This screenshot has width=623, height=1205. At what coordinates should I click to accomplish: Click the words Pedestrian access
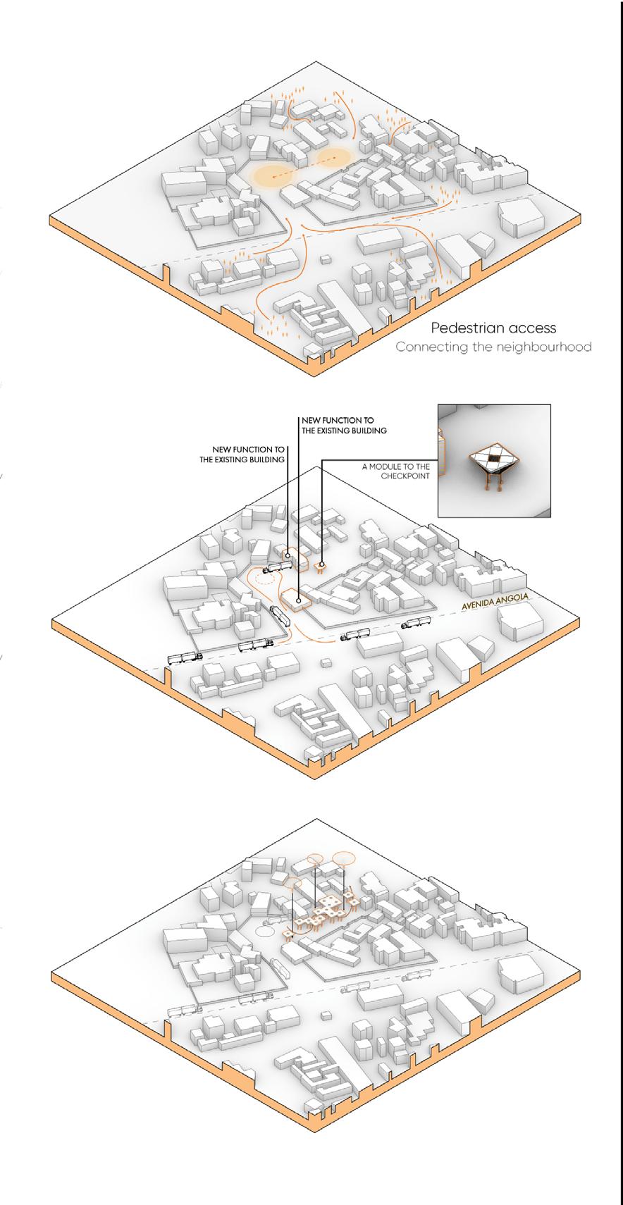tap(493, 328)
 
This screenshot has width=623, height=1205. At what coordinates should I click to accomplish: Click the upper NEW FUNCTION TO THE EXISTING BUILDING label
tap(344, 425)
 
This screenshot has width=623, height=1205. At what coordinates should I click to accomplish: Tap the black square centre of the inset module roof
tap(495, 460)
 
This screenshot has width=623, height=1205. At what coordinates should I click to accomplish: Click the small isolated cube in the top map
tap(325, 259)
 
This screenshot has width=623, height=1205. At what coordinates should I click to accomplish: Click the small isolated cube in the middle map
tap(325, 663)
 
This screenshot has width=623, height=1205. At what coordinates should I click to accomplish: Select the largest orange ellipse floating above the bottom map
tap(343, 857)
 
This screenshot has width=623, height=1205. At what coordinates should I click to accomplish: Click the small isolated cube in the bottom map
tap(325, 1015)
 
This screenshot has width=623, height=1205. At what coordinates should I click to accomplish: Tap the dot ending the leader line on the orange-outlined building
tap(300, 601)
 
